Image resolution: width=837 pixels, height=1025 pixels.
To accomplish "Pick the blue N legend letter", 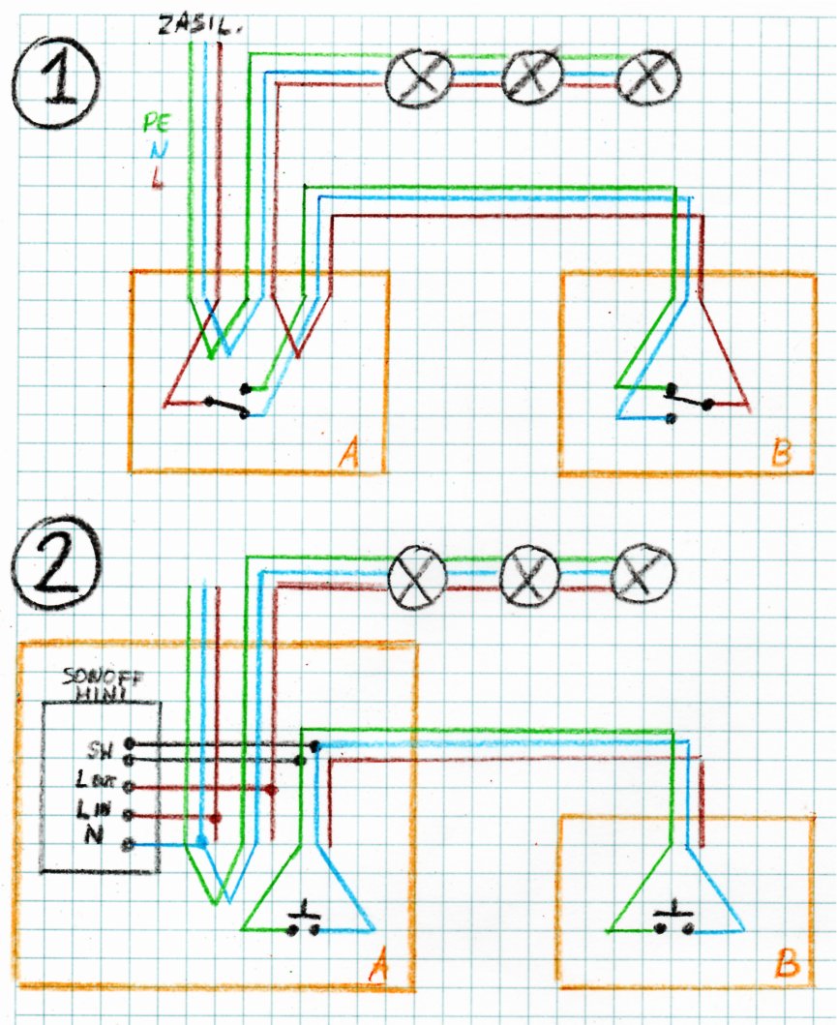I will (157, 150).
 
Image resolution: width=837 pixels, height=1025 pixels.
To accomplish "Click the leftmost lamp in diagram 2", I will (417, 580).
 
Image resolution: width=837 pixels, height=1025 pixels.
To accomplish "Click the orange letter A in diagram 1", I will (350, 454).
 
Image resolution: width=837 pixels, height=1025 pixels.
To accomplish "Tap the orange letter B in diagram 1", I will (777, 455).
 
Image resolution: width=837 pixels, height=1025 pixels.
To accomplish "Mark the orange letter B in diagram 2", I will (788, 965).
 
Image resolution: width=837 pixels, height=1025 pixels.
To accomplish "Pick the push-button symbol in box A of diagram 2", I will (305, 920).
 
